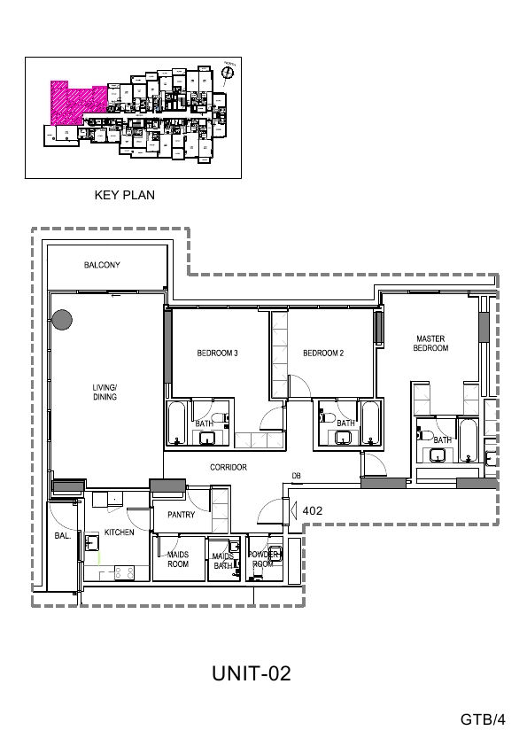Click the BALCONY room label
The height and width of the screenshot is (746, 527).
click(x=102, y=265)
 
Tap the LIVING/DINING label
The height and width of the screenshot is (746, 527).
click(x=105, y=392)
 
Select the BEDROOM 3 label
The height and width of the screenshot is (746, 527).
click(x=217, y=354)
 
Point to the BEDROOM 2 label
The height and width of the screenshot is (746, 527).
click(x=323, y=354)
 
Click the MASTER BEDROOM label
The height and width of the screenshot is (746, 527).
click(x=430, y=344)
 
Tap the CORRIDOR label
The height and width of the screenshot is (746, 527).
click(x=228, y=467)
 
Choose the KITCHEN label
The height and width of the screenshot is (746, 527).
click(x=120, y=532)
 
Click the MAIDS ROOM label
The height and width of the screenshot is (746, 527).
click(x=178, y=559)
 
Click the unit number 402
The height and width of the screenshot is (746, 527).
click(x=312, y=510)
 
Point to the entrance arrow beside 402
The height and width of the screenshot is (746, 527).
click(x=293, y=510)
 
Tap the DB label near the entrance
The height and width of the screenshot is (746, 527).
click(x=296, y=476)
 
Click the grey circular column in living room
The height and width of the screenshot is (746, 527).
click(x=62, y=320)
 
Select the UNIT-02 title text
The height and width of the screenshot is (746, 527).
click(x=252, y=674)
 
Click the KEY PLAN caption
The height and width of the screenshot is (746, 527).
click(x=125, y=195)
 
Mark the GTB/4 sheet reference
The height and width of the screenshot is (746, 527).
click(x=483, y=719)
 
